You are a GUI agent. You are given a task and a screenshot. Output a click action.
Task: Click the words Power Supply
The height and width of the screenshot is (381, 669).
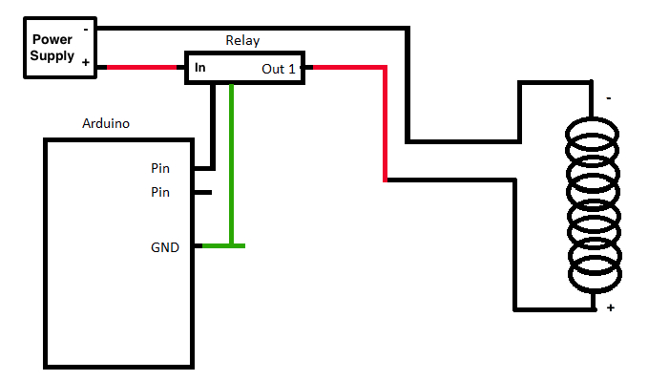pyautogui.click(x=52, y=48)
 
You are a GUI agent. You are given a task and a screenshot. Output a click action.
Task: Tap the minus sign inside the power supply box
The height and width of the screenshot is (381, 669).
pyautogui.click(x=87, y=29)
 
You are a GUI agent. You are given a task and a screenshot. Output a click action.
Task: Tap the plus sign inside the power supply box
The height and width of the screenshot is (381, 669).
pyautogui.click(x=86, y=63)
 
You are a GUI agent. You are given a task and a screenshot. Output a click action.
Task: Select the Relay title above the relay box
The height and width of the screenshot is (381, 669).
pyautogui.click(x=242, y=40)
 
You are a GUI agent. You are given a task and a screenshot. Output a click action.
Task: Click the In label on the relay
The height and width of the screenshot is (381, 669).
pyautogui.click(x=200, y=68)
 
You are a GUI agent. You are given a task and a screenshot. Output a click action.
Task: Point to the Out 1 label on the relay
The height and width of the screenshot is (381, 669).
pyautogui.click(x=280, y=69)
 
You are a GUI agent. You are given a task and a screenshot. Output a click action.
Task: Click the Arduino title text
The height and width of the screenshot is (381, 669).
pyautogui.click(x=106, y=123)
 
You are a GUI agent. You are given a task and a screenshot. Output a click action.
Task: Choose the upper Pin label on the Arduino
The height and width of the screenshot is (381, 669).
pyautogui.click(x=160, y=168)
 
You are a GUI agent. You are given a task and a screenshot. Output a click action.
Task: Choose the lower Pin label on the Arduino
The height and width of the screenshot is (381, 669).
pyautogui.click(x=160, y=192)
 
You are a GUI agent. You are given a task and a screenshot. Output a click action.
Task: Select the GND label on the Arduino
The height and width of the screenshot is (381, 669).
pyautogui.click(x=164, y=247)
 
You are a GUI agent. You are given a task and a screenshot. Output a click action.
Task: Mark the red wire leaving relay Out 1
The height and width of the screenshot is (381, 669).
pyautogui.click(x=385, y=115)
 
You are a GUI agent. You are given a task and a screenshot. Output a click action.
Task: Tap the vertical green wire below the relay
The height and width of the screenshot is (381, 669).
pyautogui.click(x=231, y=162)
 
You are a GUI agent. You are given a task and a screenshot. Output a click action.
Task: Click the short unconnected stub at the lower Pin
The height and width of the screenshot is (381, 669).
pyautogui.click(x=202, y=192)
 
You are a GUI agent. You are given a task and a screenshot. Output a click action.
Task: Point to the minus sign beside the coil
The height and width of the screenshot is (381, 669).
pyautogui.click(x=608, y=97)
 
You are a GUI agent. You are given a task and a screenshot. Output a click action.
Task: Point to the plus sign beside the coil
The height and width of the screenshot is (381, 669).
pyautogui.click(x=608, y=307)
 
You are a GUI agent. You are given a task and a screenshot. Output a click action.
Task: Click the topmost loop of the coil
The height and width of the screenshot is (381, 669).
pyautogui.click(x=595, y=133)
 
